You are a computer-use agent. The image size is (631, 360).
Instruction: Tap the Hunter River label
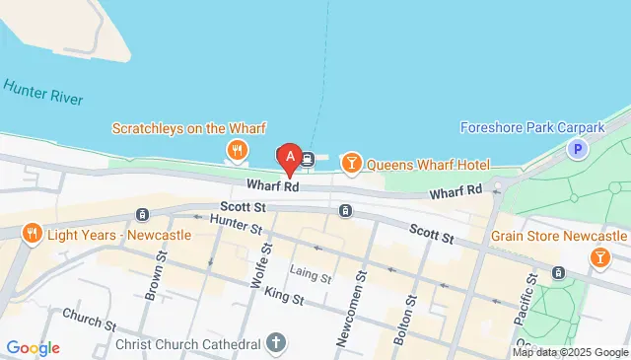click(x=43, y=95)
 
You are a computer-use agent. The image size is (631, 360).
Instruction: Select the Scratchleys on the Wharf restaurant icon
click(x=237, y=150)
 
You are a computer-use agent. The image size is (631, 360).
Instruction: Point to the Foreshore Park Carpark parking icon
click(x=577, y=150)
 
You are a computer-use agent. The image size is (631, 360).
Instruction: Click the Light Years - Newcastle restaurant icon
click(x=32, y=233)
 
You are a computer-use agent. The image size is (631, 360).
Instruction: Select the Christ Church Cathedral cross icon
click(x=276, y=342)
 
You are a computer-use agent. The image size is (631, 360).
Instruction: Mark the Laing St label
click(x=311, y=274)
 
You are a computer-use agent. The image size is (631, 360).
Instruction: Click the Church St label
click(x=89, y=320)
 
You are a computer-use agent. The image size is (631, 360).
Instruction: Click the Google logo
click(x=33, y=347)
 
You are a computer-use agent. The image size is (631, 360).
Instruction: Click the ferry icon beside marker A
click(x=308, y=158)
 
